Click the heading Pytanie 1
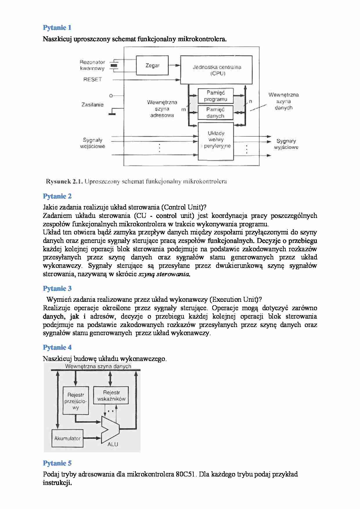(x=57, y=28)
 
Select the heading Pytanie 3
(x=57, y=288)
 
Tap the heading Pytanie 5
(x=57, y=463)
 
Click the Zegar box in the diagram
(x=152, y=66)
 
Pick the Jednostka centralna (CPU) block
(x=217, y=70)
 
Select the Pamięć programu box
(x=215, y=96)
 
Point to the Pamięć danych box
(x=215, y=113)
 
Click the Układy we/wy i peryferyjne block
(x=216, y=141)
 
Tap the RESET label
(x=92, y=80)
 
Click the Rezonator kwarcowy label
(x=92, y=65)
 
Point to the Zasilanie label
(x=92, y=105)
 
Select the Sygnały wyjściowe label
(x=286, y=144)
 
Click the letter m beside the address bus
(x=183, y=110)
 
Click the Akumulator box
(x=67, y=438)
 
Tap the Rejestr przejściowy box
(x=75, y=401)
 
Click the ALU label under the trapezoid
(x=113, y=444)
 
